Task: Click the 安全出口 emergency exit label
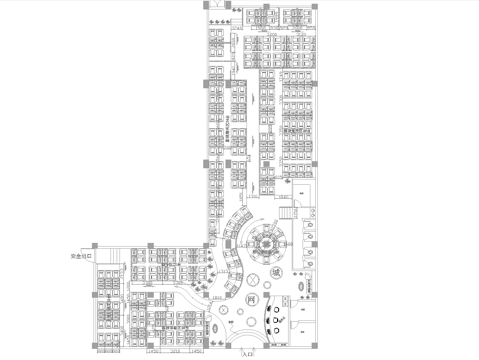point(80,256)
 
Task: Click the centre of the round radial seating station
point(269,240)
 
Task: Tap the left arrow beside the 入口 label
point(236,354)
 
